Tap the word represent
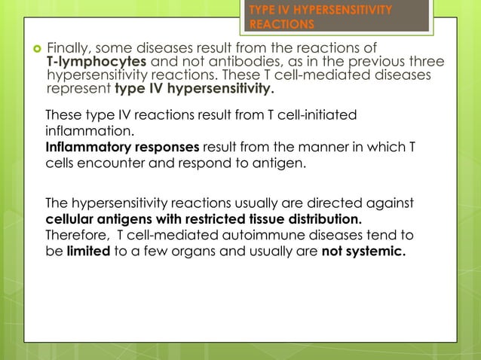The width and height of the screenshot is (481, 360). (78, 90)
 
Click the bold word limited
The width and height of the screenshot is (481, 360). (87, 251)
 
